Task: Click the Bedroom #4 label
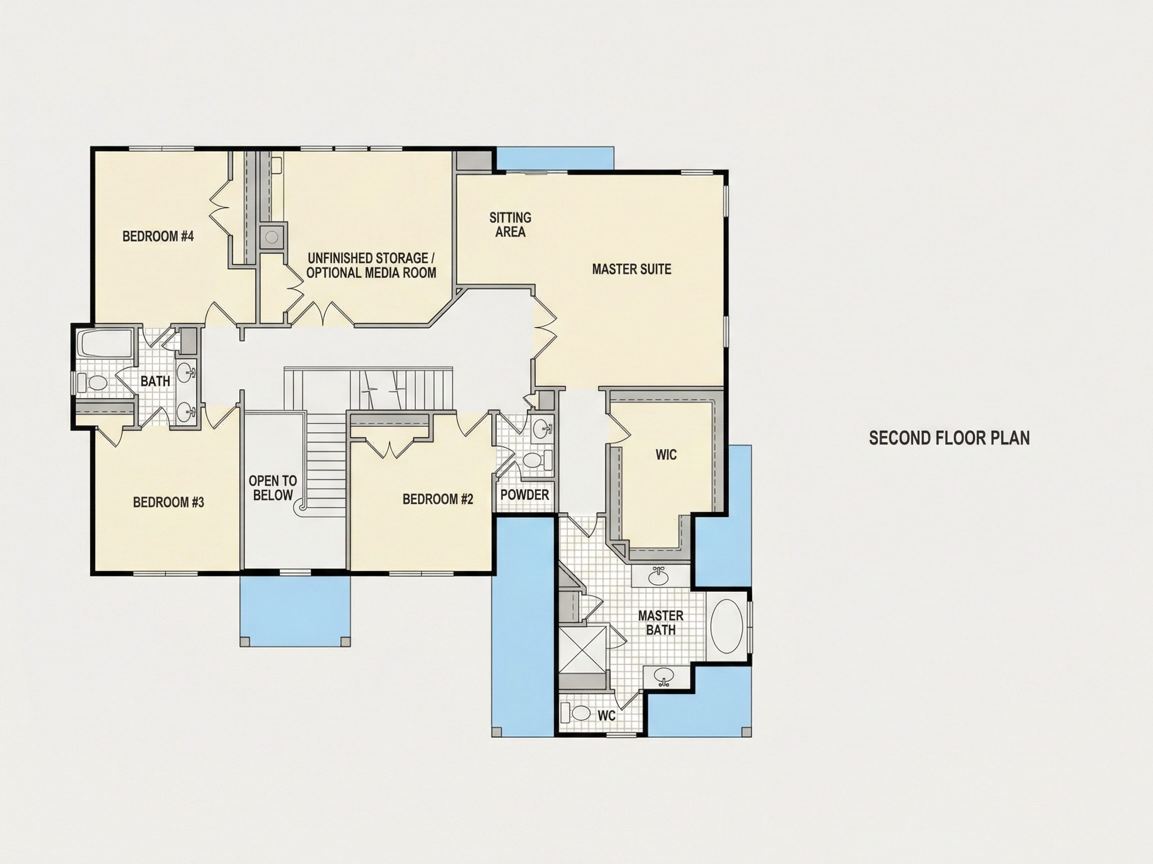coord(158,236)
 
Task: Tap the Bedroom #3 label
coord(168,502)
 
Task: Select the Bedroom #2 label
coord(438,499)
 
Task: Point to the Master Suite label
coord(632,269)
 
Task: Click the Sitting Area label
coord(510,224)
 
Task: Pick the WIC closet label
coord(666,454)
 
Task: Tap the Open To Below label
coord(273,488)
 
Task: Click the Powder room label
coord(525,495)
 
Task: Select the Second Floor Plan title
coord(949,438)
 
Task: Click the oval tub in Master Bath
coord(726,626)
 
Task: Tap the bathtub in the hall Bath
coord(105,343)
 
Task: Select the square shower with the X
coord(583,649)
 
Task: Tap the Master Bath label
coord(661,623)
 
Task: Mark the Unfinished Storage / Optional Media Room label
coord(371,265)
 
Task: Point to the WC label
coord(606,715)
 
